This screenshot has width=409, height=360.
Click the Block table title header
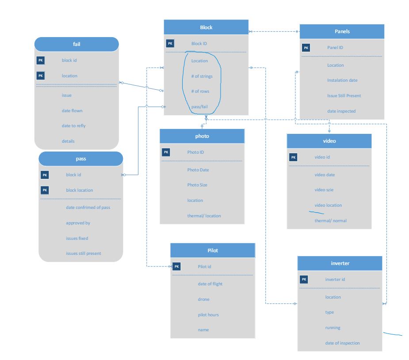(x=206, y=27)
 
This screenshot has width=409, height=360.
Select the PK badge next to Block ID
(x=170, y=43)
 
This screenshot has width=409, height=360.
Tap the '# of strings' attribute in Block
(x=202, y=76)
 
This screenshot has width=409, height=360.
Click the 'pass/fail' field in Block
(x=199, y=107)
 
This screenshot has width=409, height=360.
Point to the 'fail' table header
(x=76, y=44)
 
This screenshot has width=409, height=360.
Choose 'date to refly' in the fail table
(x=74, y=126)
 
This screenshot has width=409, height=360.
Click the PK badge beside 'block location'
(x=45, y=190)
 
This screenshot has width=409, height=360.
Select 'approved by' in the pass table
(x=78, y=223)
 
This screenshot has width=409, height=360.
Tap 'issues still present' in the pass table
(x=84, y=253)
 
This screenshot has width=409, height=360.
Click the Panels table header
(x=342, y=31)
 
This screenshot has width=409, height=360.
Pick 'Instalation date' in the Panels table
(x=342, y=80)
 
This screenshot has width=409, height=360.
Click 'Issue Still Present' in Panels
(x=344, y=95)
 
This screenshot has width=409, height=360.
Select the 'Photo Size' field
(x=197, y=185)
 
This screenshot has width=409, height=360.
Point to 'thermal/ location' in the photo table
(x=204, y=216)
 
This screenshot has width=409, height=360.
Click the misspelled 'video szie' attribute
(x=325, y=190)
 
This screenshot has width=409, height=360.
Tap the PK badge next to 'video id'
(x=293, y=157)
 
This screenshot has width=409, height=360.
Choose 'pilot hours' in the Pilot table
(x=208, y=315)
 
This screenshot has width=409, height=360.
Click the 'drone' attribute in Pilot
(x=203, y=299)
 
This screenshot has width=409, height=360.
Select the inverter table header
(x=340, y=264)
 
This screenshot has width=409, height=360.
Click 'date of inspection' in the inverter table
(x=342, y=343)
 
